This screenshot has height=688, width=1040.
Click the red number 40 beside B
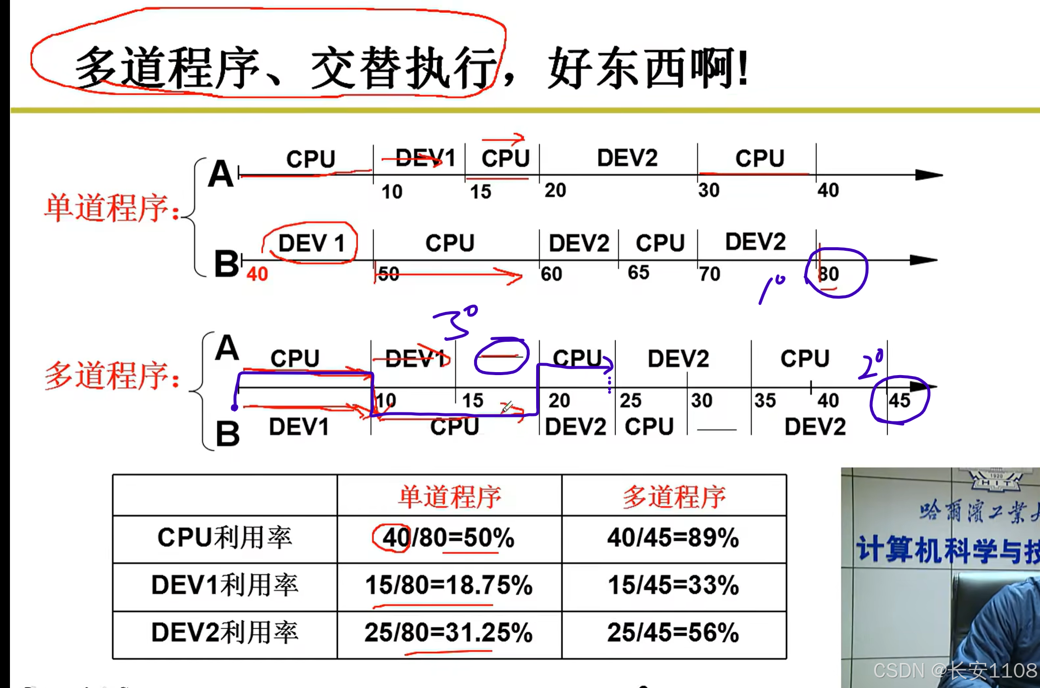pyautogui.click(x=257, y=274)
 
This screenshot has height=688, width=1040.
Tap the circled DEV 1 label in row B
pyautogui.click(x=311, y=243)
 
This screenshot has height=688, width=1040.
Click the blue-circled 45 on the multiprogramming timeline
pyautogui.click(x=899, y=400)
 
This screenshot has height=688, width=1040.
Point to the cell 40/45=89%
pyautogui.click(x=673, y=538)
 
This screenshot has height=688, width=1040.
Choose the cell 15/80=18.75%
pyautogui.click(x=449, y=586)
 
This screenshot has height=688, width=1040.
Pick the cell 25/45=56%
pyautogui.click(x=673, y=633)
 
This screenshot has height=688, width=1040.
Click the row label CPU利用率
pyautogui.click(x=225, y=538)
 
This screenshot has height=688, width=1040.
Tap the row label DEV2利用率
pyautogui.click(x=225, y=633)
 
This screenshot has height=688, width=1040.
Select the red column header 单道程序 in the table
pyautogui.click(x=450, y=496)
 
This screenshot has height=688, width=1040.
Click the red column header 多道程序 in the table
pyautogui.click(x=674, y=496)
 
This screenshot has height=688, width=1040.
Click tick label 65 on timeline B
pyautogui.click(x=639, y=273)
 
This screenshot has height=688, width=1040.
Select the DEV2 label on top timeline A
pyautogui.click(x=627, y=158)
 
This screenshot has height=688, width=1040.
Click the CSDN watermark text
pyautogui.click(x=955, y=671)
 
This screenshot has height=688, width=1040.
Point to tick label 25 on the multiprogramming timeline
pyautogui.click(x=630, y=400)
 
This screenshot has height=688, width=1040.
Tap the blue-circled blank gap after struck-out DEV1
pyautogui.click(x=501, y=356)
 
